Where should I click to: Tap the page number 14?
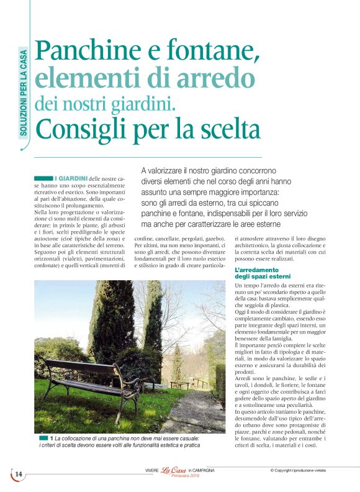[x=19, y=475]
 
